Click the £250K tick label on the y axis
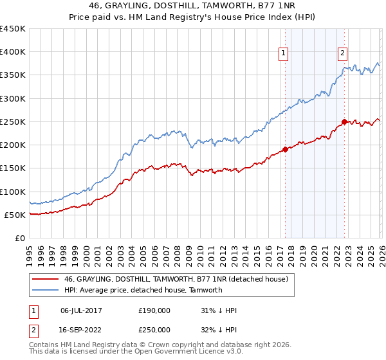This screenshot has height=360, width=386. [12, 122]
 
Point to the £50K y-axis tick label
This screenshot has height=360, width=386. [15, 215]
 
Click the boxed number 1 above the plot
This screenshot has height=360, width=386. [284, 53]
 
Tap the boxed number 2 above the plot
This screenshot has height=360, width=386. [343, 53]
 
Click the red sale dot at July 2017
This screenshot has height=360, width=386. [285, 150]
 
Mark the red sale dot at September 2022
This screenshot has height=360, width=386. [344, 122]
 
